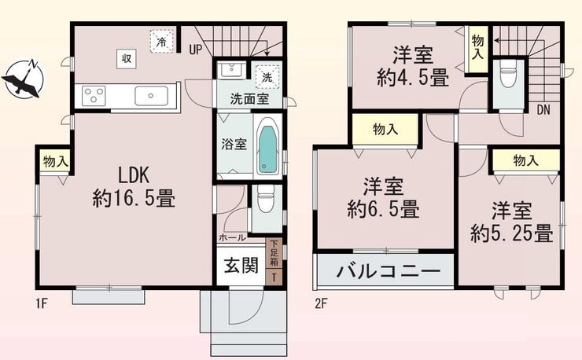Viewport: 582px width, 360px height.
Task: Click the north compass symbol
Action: pos(23,79)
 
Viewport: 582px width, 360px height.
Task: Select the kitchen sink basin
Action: pos(151,96)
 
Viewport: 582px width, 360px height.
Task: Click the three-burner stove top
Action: pos(94,96)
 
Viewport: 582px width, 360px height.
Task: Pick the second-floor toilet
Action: pos(508,73)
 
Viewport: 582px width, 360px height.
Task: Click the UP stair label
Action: pos(196,50)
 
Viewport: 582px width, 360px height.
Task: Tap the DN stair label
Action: pos(543,110)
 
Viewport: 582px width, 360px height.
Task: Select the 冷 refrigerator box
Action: pos(161,41)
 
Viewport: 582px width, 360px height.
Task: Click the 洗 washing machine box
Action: pos(267,77)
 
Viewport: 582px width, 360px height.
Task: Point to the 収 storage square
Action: pos(127,59)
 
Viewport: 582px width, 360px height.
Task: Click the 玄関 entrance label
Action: pos(241,265)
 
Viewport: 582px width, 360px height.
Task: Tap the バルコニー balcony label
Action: pos(388,271)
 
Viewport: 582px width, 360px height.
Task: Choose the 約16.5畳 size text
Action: pos(134,199)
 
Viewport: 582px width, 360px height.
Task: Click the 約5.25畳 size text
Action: pos(512,233)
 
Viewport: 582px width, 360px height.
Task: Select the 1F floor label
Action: pos(42,304)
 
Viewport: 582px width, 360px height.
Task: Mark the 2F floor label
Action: pos(321,304)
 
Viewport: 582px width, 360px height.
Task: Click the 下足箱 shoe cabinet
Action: pos(274,254)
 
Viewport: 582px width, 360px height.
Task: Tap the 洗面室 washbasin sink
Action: pos(231,69)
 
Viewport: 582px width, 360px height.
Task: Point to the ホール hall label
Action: pos(232,237)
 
